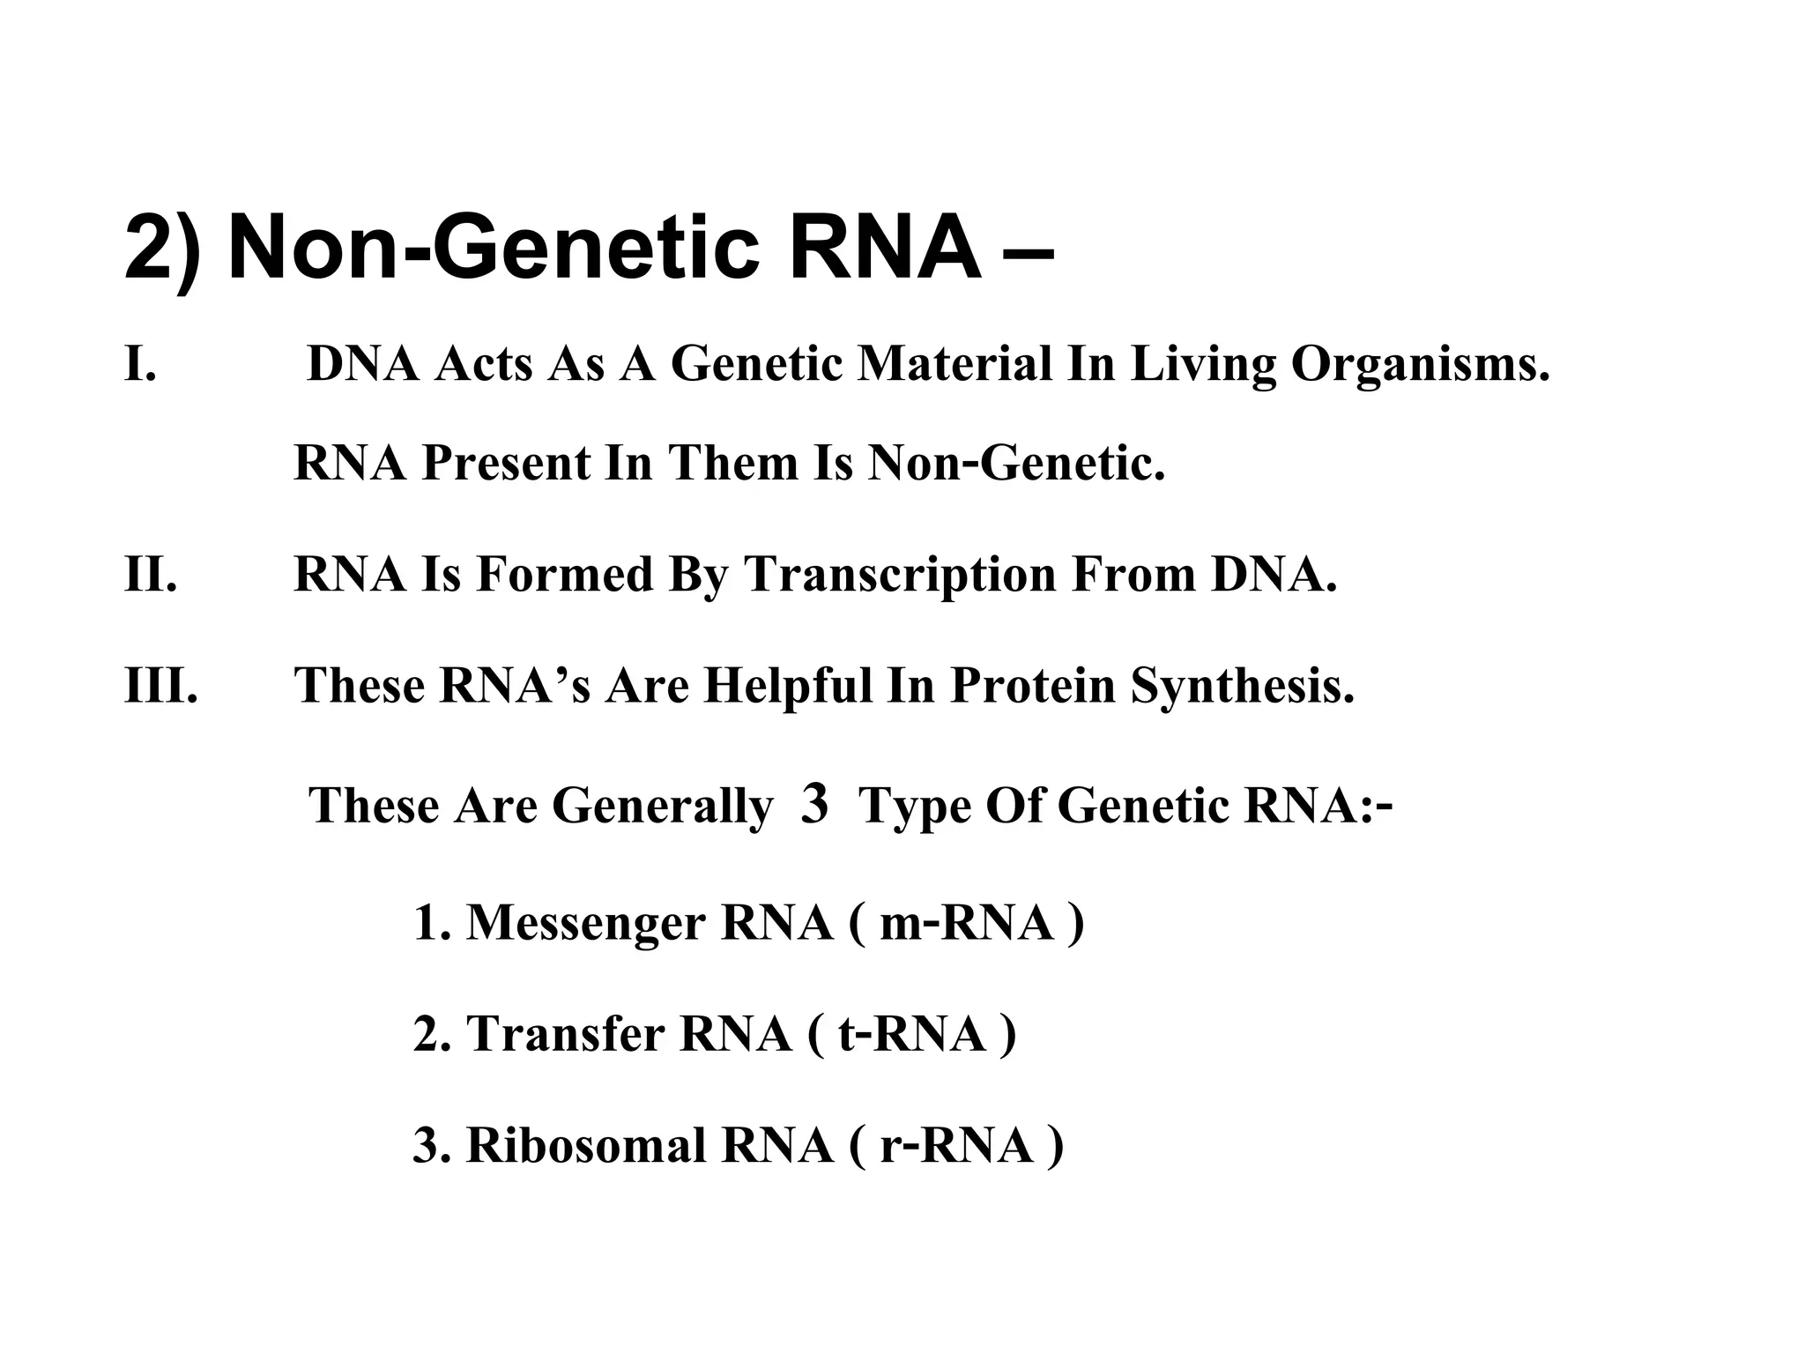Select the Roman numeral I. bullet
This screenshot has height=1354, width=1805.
141,364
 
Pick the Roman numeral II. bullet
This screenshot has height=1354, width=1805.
151,574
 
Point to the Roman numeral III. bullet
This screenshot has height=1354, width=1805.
161,685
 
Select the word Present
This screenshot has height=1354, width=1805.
506,463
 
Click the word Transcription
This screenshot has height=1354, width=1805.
900,576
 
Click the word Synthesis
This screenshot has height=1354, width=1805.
1243,687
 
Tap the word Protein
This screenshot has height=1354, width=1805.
1033,687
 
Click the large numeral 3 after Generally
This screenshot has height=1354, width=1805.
815,804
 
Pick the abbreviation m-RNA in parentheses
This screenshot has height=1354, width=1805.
967,923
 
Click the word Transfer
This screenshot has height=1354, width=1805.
566,1034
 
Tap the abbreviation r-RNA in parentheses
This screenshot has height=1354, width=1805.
956,1146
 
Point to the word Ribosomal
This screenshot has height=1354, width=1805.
586,1146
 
